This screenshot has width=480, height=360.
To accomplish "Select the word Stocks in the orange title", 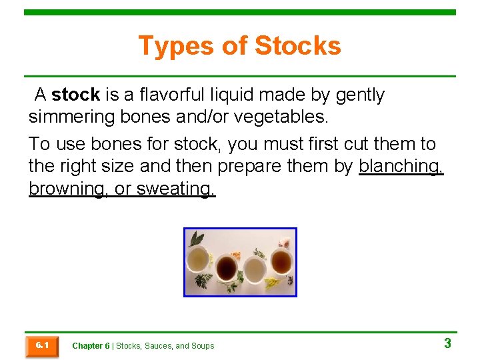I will pyautogui.click(x=297, y=46).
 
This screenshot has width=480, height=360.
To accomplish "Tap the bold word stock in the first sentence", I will pyautogui.click(x=75, y=95).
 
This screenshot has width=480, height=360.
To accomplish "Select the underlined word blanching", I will pyautogui.click(x=401, y=166).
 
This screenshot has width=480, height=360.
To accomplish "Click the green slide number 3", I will pyautogui.click(x=447, y=343).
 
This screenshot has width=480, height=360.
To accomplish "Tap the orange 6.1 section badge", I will pyautogui.click(x=41, y=346).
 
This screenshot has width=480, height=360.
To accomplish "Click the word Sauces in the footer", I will pyautogui.click(x=158, y=346).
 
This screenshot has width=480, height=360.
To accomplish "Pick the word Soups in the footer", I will pyautogui.click(x=203, y=346).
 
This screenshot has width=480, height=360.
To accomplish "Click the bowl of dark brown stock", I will pyautogui.click(x=226, y=268).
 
